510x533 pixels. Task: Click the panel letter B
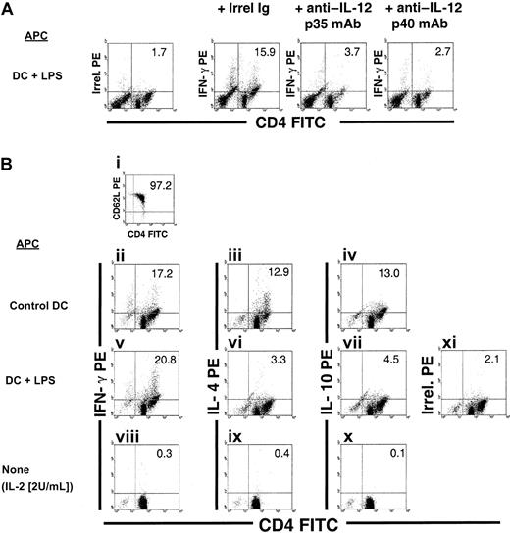coord(9,167)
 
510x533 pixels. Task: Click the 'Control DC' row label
coord(45,301)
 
